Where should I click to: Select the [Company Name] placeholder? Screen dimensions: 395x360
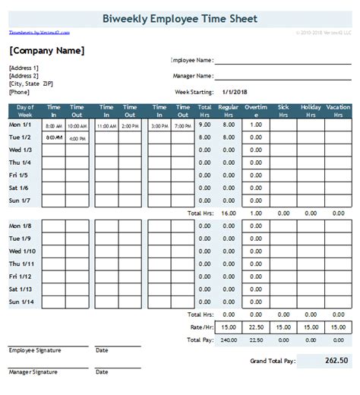click(x=46, y=51)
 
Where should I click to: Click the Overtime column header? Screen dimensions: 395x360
click(x=256, y=111)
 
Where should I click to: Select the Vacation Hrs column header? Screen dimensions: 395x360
click(x=338, y=111)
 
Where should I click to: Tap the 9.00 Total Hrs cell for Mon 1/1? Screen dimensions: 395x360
click(x=205, y=125)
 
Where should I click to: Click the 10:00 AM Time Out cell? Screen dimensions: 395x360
click(x=77, y=125)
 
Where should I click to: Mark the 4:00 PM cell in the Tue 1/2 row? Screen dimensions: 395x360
click(x=77, y=139)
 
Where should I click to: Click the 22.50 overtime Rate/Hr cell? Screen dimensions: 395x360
click(x=256, y=328)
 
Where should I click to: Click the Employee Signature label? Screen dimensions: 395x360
click(x=35, y=351)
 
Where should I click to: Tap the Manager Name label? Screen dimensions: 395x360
click(x=191, y=75)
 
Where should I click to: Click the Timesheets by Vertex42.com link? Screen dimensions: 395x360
click(x=39, y=33)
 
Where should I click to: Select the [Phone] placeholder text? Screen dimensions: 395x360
click(x=21, y=91)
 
